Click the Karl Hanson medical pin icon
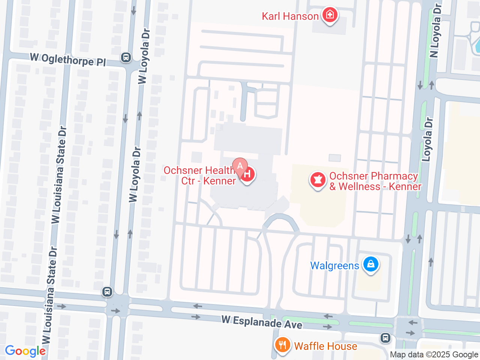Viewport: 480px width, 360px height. click(330, 15)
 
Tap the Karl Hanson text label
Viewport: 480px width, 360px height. click(290, 16)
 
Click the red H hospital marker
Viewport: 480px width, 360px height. click(247, 174)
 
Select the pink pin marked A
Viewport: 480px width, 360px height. click(240, 166)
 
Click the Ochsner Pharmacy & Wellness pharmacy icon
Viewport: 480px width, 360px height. click(318, 180)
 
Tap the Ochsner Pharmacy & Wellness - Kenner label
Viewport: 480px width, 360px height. click(375, 181)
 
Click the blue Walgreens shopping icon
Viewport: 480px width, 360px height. click(371, 264)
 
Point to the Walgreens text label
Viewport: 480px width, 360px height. click(334, 266)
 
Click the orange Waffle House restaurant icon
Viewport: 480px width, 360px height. click(282, 345)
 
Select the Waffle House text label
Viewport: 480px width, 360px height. click(325, 346)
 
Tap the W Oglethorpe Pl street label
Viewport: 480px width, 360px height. click(68, 59)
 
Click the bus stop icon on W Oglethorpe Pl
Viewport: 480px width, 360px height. click(126, 57)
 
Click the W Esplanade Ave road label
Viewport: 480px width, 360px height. click(262, 322)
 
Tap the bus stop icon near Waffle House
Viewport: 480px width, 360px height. click(385, 338)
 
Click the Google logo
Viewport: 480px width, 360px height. click(25, 351)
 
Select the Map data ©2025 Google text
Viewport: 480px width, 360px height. click(434, 354)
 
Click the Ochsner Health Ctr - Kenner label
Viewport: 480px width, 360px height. click(199, 175)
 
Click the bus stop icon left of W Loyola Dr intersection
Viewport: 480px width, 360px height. click(107, 291)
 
